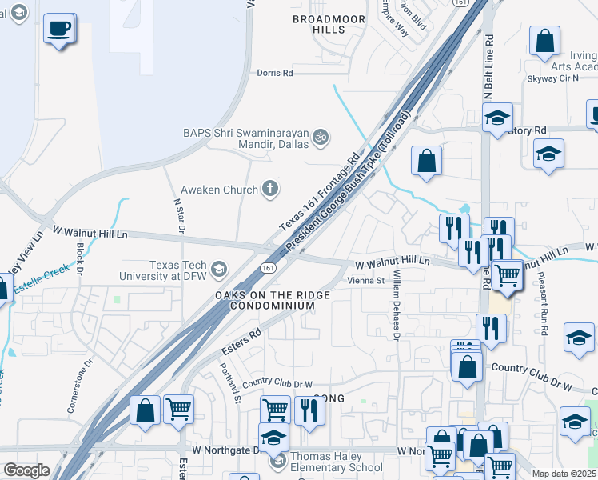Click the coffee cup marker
pyautogui.click(x=59, y=30)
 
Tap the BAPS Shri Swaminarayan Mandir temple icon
pyautogui.click(x=321, y=138)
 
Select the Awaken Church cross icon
pyautogui.click(x=271, y=189)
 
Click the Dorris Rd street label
pyautogui.click(x=275, y=73)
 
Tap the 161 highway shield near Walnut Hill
pyautogui.click(x=269, y=268)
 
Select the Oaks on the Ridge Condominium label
pyautogui.click(x=265, y=301)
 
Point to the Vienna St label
pyautogui.click(x=366, y=281)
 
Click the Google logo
pyautogui.click(x=26, y=470)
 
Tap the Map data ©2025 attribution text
pyautogui.click(x=564, y=474)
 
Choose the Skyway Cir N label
pyautogui.click(x=552, y=79)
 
